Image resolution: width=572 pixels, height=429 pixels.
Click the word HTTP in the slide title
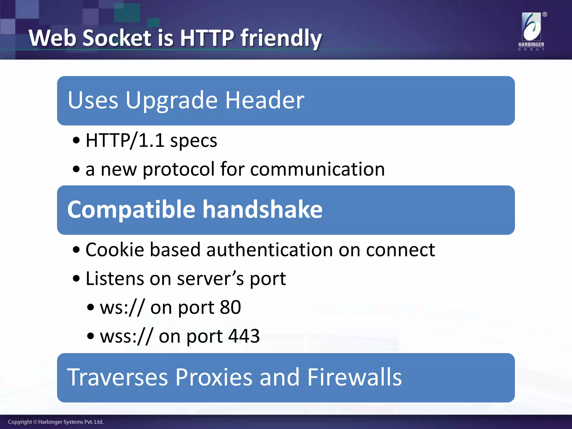207,38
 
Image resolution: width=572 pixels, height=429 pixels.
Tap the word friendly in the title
281,39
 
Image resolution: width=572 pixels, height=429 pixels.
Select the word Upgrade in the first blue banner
171,101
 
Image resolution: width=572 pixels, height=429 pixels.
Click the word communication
317,169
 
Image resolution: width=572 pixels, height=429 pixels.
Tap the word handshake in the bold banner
262,209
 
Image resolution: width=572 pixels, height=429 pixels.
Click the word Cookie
115,249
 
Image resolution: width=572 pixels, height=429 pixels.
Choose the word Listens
114,278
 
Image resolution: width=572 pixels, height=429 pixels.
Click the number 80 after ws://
230,307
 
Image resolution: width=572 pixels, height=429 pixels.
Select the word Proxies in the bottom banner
214,377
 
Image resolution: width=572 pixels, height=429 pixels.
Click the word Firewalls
354,377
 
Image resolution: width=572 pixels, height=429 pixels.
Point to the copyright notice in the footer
56,422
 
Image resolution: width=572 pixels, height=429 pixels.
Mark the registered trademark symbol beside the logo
545,15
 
